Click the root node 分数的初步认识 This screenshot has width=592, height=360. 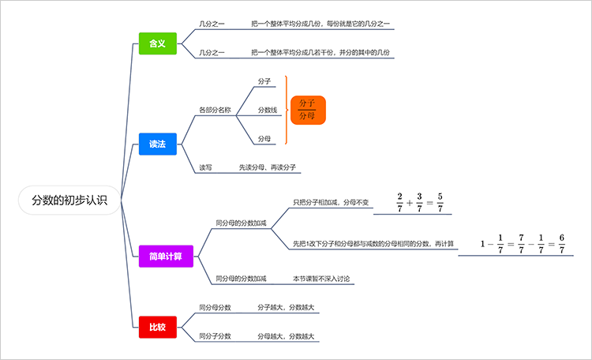(69, 201)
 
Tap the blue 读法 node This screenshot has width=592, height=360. (157, 144)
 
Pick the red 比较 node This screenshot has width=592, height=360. (157, 325)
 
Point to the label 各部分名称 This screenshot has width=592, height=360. (215, 110)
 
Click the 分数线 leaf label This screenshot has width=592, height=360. (267, 110)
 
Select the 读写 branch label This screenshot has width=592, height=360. (205, 167)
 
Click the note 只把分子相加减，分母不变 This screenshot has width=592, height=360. (331, 203)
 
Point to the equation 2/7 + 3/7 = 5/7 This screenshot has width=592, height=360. (419, 202)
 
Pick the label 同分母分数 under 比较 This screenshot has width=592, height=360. (215, 307)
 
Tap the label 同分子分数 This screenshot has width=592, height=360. (215, 336)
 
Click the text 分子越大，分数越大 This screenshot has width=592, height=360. (286, 307)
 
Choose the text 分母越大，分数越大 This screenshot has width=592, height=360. (286, 336)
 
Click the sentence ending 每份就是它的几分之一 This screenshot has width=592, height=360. (320, 24)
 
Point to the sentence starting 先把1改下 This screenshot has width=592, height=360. (373, 244)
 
